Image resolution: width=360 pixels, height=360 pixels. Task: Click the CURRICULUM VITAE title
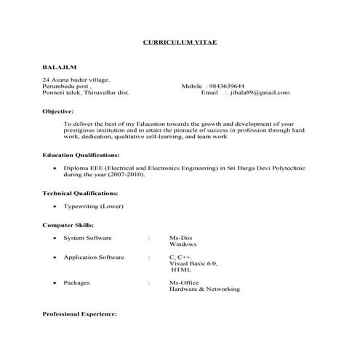(x=180, y=43)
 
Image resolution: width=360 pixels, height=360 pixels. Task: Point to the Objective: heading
(x=58, y=111)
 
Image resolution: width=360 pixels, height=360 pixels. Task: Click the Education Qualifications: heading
(x=81, y=155)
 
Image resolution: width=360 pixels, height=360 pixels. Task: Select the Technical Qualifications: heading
(x=80, y=193)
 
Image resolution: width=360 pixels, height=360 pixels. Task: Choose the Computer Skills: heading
(x=68, y=225)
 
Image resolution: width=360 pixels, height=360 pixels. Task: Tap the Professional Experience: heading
(x=79, y=313)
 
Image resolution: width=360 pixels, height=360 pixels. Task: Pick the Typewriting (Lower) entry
(x=93, y=207)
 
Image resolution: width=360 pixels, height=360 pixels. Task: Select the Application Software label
(x=94, y=257)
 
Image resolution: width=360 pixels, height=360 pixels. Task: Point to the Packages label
(x=77, y=282)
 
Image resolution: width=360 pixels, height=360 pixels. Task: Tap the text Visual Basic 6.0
(x=193, y=263)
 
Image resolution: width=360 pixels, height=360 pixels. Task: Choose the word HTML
(x=182, y=269)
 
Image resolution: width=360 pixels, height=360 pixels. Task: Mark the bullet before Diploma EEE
(x=55, y=168)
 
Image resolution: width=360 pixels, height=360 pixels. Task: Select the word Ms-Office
(x=184, y=282)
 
